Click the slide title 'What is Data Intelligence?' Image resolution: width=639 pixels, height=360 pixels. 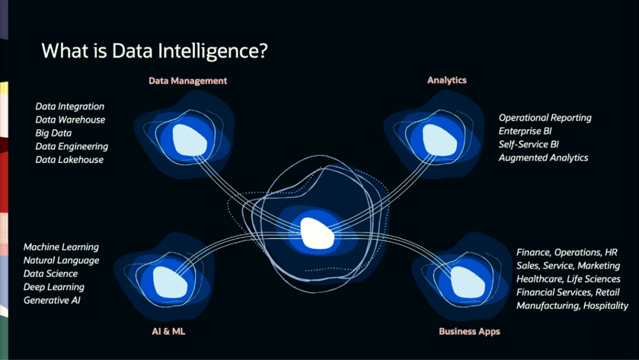(154, 51)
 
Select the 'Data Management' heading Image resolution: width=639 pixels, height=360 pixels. (188, 81)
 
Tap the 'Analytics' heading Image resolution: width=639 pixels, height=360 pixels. (447, 80)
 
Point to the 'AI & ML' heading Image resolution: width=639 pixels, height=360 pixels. (168, 331)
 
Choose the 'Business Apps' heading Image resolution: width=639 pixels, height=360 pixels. (469, 331)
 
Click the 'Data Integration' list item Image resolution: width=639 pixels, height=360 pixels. (70, 107)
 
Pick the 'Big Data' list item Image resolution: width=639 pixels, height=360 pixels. (53, 133)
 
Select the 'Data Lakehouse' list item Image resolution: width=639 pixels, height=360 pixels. (69, 160)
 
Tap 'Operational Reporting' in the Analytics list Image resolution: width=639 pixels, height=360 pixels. (545, 118)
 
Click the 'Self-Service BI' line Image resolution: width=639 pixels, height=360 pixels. (528, 144)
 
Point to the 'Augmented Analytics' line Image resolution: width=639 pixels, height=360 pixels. (543, 158)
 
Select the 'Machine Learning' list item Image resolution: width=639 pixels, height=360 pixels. (61, 247)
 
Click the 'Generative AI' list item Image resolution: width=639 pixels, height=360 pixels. (52, 300)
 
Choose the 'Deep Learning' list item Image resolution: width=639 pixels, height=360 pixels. (54, 287)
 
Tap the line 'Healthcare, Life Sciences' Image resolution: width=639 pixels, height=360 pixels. (568, 279)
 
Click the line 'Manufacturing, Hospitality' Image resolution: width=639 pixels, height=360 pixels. (572, 306)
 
